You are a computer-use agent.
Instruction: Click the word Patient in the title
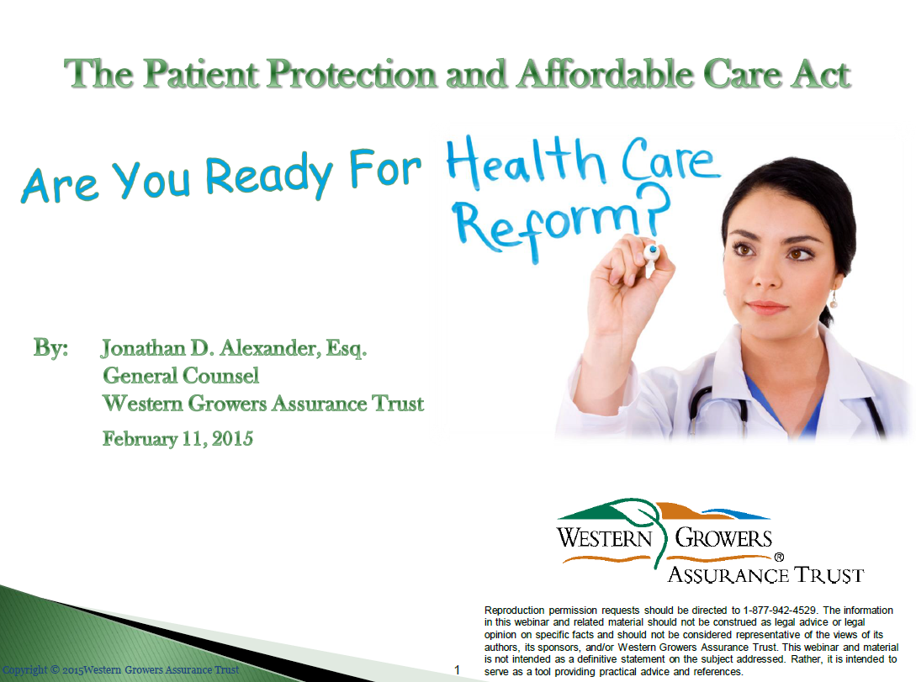tap(202, 75)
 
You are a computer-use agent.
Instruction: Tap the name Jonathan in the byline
tap(144, 349)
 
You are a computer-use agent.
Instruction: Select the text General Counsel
tap(181, 375)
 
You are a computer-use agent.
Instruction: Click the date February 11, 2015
tap(178, 438)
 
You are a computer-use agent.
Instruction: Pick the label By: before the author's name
tap(50, 348)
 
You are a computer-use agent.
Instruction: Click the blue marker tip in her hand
tap(653, 251)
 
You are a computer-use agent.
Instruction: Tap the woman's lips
tap(766, 307)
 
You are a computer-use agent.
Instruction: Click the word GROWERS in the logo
tap(724, 537)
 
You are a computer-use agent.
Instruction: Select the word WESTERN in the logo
tap(605, 537)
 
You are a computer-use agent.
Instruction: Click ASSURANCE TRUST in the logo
tap(766, 575)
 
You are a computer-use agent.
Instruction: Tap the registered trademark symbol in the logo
tap(779, 557)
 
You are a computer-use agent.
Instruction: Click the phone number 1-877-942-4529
tap(780, 611)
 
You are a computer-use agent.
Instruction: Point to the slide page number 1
tap(457, 669)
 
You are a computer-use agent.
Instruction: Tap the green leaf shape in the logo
tap(639, 514)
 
